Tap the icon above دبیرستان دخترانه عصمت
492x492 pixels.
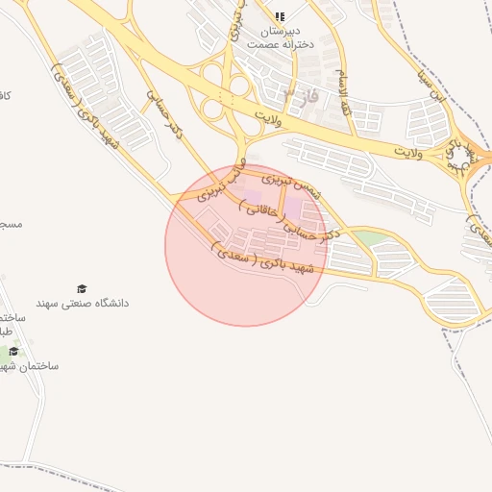(x=280, y=16)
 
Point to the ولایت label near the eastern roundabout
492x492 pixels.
(x=409, y=151)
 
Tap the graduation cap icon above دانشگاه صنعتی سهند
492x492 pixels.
(x=82, y=288)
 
